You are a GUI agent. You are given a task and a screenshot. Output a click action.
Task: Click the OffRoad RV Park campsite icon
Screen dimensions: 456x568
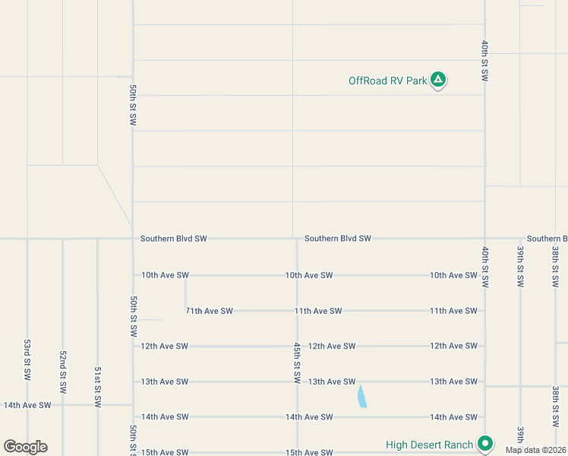point(438,79)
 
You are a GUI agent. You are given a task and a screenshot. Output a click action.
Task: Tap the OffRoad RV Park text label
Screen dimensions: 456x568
point(387,81)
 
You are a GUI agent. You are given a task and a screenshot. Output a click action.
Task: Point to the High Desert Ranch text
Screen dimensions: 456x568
point(429,445)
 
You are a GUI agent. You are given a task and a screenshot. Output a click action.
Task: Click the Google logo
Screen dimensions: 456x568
point(25,447)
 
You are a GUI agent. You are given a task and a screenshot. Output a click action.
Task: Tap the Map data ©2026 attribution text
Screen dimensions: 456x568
point(536,450)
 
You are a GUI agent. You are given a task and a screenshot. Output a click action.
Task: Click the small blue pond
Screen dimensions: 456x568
point(361,396)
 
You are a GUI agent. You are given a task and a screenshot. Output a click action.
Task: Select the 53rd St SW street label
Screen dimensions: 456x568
point(27,360)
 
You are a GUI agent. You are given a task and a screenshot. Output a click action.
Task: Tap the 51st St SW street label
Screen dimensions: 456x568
point(98,387)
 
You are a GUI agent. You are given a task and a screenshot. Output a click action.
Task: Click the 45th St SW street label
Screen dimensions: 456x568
point(297,363)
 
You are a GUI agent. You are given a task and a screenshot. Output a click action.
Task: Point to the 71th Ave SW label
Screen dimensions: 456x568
point(209,311)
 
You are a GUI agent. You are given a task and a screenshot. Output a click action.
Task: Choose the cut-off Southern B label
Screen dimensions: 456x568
point(547,239)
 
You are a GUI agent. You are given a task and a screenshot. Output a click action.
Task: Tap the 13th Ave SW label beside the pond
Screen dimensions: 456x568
point(332,382)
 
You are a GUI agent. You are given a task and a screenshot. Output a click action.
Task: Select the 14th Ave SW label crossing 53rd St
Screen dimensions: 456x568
point(27,405)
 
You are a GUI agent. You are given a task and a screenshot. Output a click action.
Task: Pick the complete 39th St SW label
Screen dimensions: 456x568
point(520,266)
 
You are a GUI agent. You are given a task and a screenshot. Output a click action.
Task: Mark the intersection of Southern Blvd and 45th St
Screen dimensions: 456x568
point(296,239)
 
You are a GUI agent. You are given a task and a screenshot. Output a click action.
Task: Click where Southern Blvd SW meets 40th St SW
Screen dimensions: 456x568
point(484,239)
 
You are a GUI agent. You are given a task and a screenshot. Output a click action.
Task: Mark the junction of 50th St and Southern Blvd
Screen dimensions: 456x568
point(133,239)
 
